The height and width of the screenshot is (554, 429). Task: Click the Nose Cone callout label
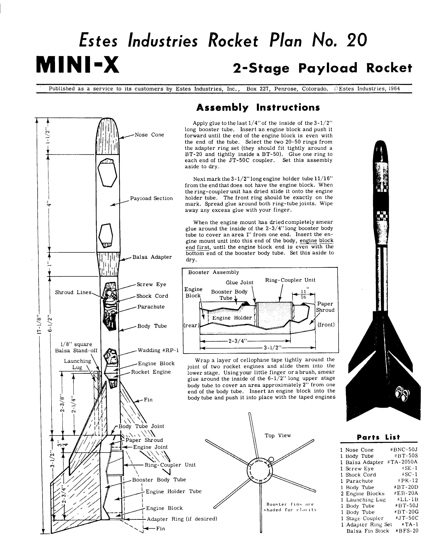pos(149,135)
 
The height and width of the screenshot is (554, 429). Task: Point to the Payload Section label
pos(151,198)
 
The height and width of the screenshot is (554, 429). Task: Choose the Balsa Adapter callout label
pos(152,257)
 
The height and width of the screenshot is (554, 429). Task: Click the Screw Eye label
pos(151,284)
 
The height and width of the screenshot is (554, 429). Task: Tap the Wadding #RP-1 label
pos(158,350)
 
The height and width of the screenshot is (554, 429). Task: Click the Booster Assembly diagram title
pos(213,272)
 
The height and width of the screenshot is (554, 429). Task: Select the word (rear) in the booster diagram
pos(191,325)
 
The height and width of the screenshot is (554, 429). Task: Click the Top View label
pos(278,435)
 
